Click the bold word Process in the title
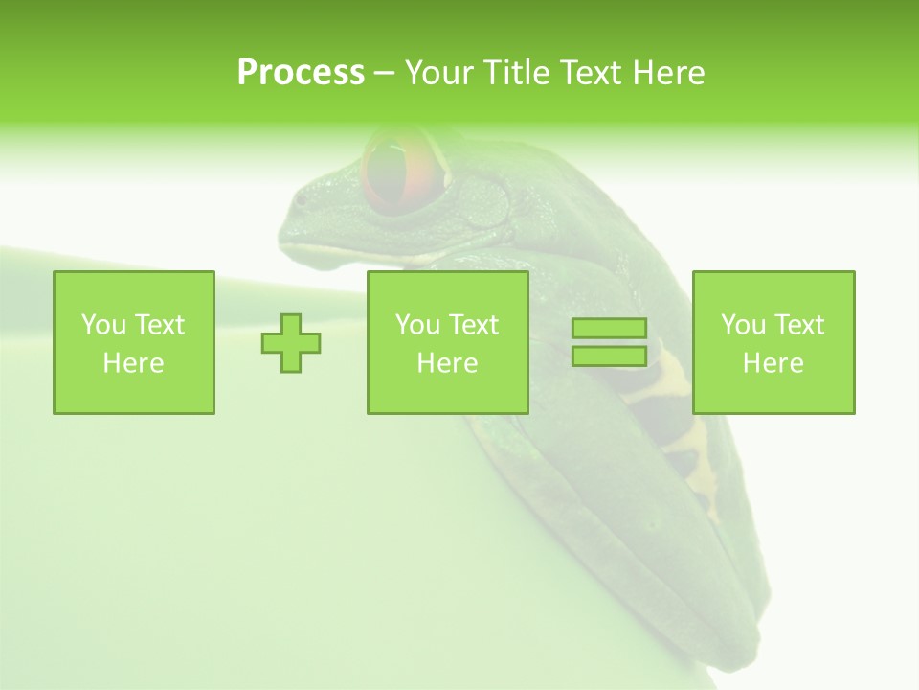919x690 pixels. (301, 73)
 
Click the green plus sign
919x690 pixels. (291, 343)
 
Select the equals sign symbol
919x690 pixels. (609, 342)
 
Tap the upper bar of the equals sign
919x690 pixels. (609, 329)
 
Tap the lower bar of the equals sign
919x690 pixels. (609, 356)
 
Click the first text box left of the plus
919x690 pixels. (134, 342)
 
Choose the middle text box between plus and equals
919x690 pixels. (447, 342)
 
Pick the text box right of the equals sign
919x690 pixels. (773, 342)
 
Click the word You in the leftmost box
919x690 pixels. (102, 325)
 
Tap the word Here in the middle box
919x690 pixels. (447, 363)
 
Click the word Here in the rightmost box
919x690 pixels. (773, 363)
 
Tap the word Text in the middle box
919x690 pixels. (473, 325)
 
